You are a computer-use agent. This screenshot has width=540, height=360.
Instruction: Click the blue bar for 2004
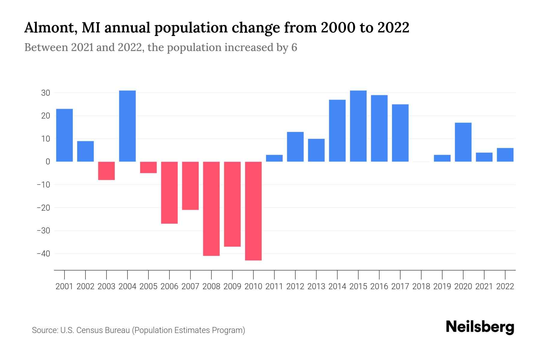(127, 126)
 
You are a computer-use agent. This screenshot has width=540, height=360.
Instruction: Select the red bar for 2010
(253, 211)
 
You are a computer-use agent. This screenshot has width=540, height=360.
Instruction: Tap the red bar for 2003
(106, 171)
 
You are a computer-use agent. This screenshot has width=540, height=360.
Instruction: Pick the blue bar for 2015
(358, 126)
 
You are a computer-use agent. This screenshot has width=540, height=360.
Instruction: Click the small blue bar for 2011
(274, 158)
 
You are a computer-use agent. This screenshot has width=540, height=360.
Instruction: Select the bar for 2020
(463, 142)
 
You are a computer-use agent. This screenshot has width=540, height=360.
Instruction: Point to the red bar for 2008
(211, 208)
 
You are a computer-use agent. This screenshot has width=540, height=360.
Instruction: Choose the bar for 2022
(505, 155)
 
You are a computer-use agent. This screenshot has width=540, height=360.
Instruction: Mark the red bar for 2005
(148, 167)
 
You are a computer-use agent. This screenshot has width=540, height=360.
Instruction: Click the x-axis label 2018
(421, 286)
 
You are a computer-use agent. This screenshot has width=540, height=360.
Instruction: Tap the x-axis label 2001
(64, 286)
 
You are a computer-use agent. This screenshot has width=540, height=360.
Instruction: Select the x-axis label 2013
(316, 286)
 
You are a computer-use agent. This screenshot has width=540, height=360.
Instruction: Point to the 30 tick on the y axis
(46, 93)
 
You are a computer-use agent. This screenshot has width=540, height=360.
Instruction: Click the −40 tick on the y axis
(43, 254)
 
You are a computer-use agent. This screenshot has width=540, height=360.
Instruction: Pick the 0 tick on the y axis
(48, 162)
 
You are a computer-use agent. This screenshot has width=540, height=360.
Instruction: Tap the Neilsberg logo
(480, 327)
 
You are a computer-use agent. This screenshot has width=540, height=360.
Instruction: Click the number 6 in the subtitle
(294, 47)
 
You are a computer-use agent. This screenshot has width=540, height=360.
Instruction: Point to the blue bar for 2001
(64, 135)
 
